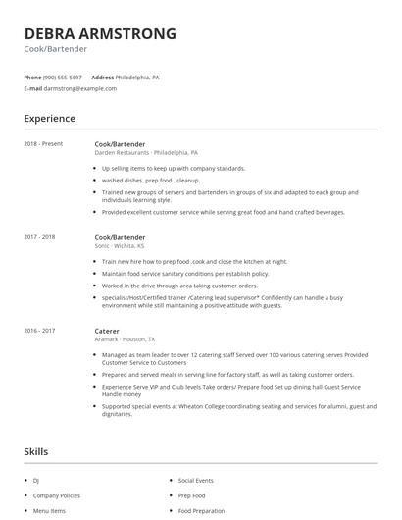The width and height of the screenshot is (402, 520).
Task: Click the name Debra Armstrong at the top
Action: (x=100, y=33)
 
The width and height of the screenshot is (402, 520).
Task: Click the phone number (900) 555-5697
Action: (x=63, y=77)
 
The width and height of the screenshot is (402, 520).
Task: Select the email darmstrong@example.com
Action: (x=80, y=88)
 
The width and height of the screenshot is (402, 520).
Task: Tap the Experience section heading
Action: (x=49, y=119)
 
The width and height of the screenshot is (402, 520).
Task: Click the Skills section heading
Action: (x=36, y=452)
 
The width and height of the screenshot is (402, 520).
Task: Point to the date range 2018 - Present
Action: (x=43, y=144)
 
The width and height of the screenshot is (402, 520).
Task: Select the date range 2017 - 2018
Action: (x=40, y=237)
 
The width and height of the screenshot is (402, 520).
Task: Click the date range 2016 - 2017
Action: (x=40, y=331)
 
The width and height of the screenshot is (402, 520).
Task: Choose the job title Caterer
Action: (x=107, y=331)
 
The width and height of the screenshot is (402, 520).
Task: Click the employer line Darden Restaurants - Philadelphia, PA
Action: (x=146, y=153)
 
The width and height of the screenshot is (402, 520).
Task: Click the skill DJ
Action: (x=36, y=481)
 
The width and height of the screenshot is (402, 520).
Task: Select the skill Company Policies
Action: (x=56, y=495)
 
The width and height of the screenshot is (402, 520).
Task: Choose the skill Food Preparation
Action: (x=202, y=510)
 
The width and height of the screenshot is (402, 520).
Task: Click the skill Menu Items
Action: (x=49, y=510)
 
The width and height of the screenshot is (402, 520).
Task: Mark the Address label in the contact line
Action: (x=103, y=77)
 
